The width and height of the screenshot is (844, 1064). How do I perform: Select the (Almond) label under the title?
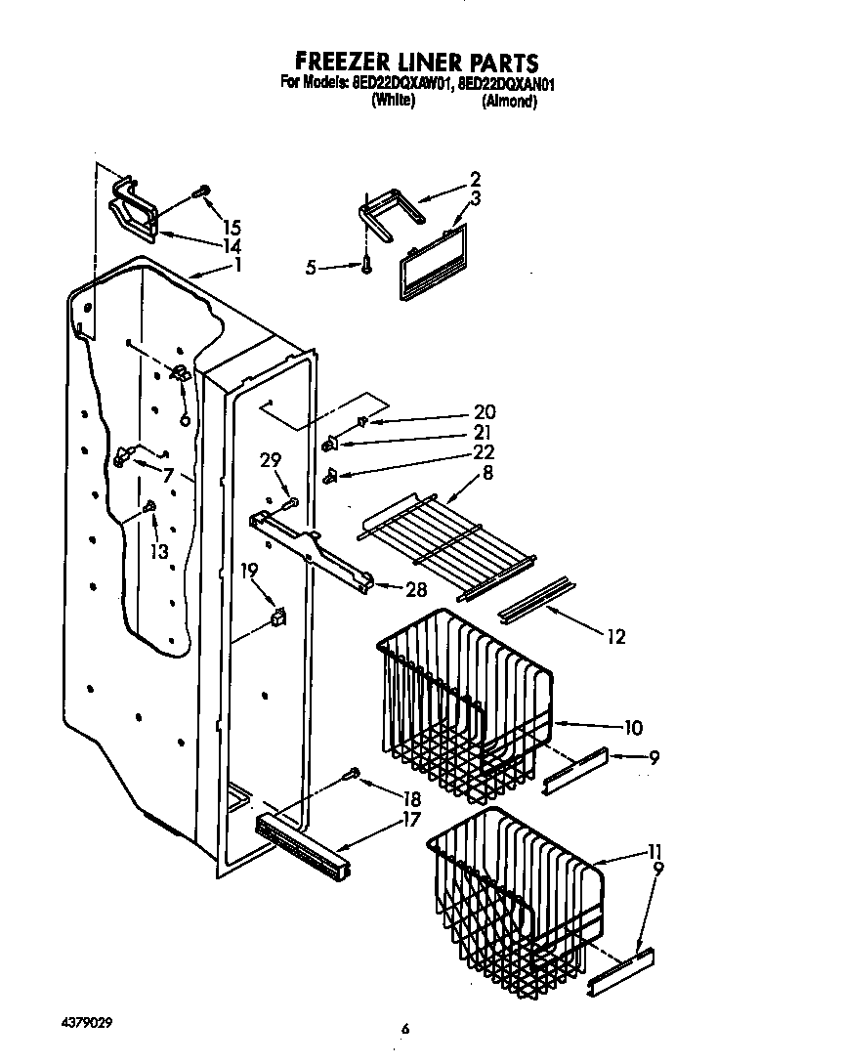[509, 101]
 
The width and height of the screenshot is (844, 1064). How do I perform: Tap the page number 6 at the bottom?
[403, 1028]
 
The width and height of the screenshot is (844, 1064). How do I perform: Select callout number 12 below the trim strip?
[615, 637]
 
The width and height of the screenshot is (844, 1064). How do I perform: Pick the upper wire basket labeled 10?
[459, 699]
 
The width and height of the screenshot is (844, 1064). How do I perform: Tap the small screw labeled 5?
[366, 265]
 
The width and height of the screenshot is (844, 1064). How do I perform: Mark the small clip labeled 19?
[278, 617]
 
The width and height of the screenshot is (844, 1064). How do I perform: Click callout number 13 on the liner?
[158, 551]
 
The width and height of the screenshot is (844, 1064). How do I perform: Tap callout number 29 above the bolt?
[271, 460]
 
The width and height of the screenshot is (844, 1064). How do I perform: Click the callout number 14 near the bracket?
[232, 245]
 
